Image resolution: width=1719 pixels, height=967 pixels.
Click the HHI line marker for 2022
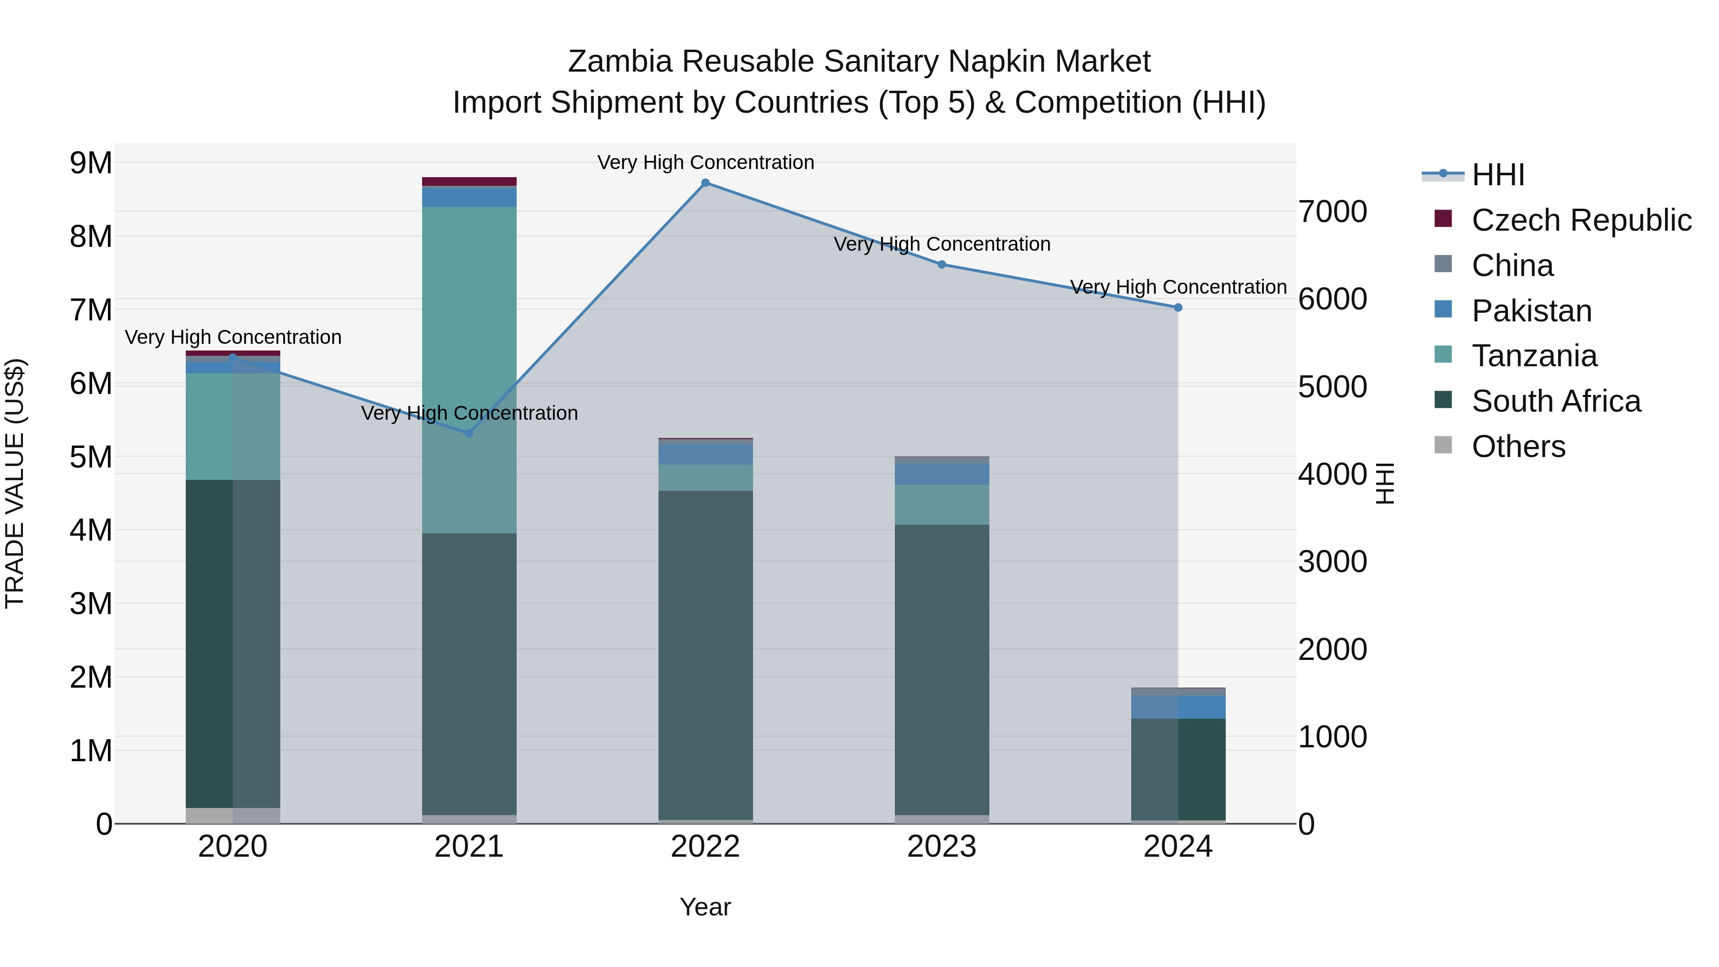click(705, 183)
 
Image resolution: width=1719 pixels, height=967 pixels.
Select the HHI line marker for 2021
click(469, 433)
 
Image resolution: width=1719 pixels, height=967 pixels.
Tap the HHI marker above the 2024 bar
click(1178, 308)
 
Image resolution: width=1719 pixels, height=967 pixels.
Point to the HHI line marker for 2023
click(942, 264)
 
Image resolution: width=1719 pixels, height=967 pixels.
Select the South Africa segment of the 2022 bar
click(705, 655)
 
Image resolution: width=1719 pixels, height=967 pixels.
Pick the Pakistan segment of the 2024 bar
click(1178, 707)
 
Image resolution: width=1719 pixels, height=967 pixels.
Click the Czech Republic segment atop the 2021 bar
click(469, 181)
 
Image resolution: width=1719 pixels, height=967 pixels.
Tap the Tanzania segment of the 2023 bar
click(942, 505)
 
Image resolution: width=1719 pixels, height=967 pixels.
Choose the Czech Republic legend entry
click(1581, 220)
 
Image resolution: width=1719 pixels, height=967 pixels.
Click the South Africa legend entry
click(1556, 401)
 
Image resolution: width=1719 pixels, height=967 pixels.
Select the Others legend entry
click(1518, 446)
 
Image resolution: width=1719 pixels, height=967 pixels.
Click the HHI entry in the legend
click(1498, 175)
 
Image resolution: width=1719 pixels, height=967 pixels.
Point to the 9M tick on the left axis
click(91, 163)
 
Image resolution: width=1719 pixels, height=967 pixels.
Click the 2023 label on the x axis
click(942, 847)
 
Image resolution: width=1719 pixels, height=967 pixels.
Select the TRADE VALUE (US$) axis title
click(15, 483)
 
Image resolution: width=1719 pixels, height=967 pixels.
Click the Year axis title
click(705, 907)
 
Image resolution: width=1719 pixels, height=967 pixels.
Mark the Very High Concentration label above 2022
click(705, 162)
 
